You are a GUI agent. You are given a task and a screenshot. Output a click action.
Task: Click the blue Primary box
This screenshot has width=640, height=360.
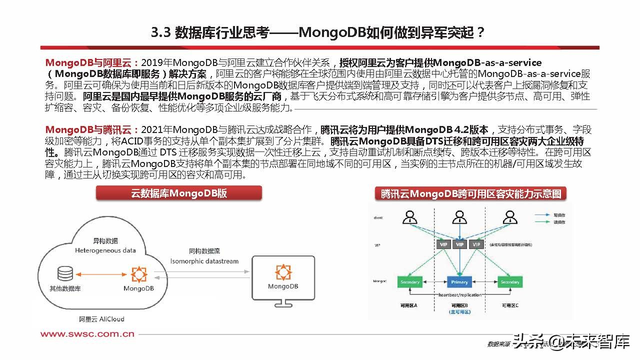click(x=459, y=282)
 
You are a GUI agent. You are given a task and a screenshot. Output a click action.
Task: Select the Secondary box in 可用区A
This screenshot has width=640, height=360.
click(x=410, y=282)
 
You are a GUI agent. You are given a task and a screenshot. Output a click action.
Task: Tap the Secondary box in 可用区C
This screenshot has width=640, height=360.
click(x=510, y=282)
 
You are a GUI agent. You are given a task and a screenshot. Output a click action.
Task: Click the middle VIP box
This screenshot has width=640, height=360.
click(x=460, y=244)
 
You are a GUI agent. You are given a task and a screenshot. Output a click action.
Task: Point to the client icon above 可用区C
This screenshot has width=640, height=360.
click(x=509, y=217)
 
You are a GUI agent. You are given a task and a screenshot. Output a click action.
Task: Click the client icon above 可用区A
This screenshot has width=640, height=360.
click(x=410, y=217)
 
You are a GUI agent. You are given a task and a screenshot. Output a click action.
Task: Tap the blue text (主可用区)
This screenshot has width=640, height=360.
click(x=460, y=311)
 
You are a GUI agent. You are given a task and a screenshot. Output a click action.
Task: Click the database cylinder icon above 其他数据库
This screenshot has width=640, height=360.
click(x=65, y=273)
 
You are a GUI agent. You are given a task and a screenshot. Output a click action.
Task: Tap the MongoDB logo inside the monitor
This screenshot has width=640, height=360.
click(x=283, y=272)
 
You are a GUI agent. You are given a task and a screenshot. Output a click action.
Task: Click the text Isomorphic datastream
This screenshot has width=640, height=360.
click(x=204, y=261)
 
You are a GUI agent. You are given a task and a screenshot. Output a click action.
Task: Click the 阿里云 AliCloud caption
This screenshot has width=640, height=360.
click(x=101, y=318)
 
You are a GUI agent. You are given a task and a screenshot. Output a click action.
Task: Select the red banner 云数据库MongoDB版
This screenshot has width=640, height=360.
click(x=179, y=193)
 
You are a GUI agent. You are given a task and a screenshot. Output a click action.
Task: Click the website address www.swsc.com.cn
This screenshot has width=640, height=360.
click(x=87, y=334)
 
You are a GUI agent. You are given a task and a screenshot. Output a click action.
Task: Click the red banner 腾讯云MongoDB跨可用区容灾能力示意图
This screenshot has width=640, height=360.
click(x=471, y=194)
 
